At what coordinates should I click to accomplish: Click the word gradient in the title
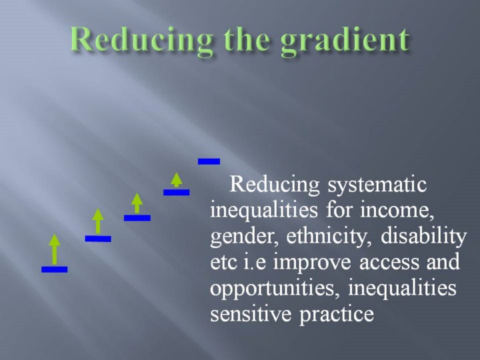345,42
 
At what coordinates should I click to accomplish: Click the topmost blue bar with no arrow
209,161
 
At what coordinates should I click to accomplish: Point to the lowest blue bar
55,269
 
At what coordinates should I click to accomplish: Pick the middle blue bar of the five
137,217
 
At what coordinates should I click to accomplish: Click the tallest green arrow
55,249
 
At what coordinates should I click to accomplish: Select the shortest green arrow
176,180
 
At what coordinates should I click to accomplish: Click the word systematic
377,185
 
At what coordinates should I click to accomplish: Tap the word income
397,211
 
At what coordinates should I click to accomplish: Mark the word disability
424,236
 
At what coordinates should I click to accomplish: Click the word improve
312,263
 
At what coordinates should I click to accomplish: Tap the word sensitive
251,314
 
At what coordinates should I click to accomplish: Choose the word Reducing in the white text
274,185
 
